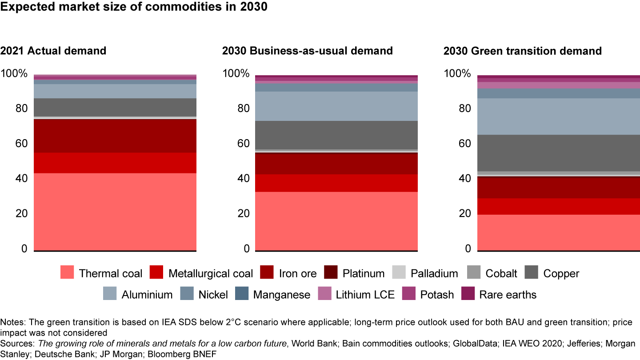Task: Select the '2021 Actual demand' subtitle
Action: point(53,51)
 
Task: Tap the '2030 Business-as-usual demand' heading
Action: point(308,51)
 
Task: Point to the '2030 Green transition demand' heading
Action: point(523,51)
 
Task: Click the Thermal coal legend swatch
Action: point(67,272)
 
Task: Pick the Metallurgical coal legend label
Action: point(210,273)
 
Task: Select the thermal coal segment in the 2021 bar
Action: point(115,212)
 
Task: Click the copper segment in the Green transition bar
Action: point(558,152)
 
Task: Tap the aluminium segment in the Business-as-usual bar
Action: point(336,106)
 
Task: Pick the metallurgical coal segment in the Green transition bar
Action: point(558,206)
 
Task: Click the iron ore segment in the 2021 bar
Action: point(115,136)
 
